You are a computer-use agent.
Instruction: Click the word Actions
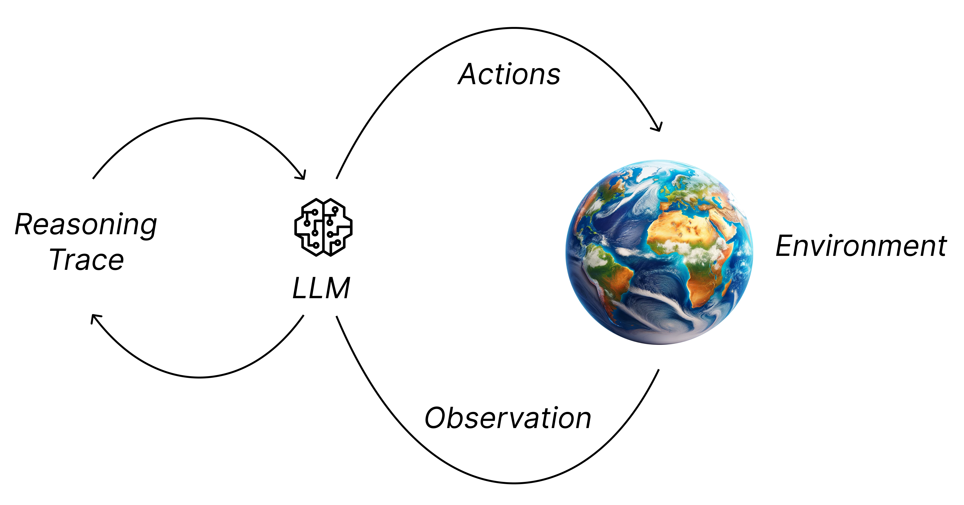[x=509, y=75]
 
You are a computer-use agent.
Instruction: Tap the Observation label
[x=508, y=418]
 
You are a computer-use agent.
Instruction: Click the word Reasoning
[x=86, y=225]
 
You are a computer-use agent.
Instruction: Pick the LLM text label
[x=321, y=288]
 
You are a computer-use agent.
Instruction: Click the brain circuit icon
[x=323, y=227]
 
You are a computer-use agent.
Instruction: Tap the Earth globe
[x=659, y=252]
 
